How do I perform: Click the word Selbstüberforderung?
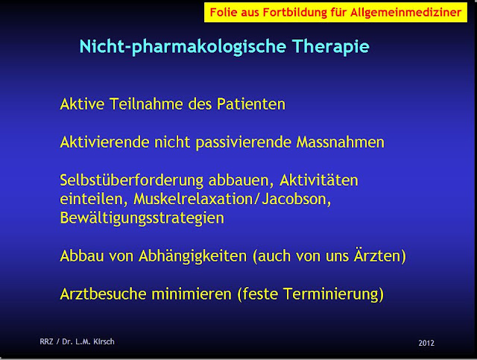pos(133,181)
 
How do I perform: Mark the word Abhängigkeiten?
pos(194,256)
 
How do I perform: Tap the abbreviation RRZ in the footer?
pos(47,343)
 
